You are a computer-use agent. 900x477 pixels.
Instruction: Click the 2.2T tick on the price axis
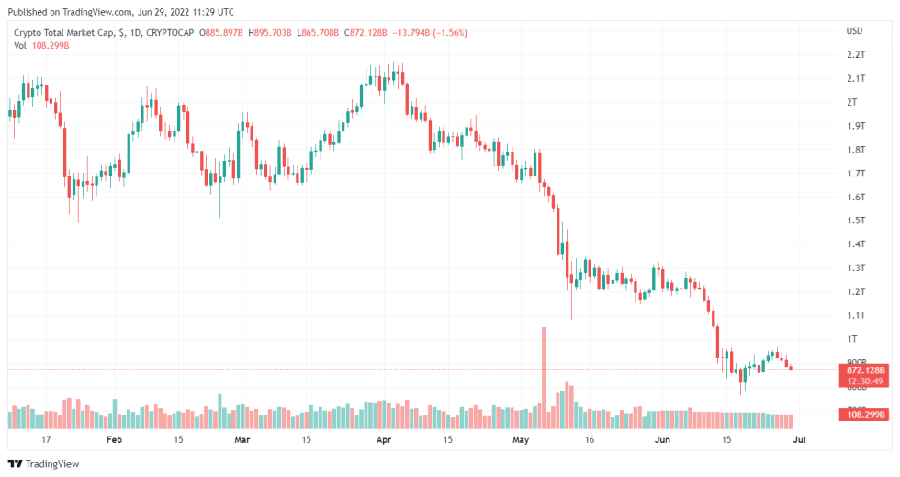[x=855, y=55]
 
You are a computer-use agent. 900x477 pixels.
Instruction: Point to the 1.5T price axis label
[x=855, y=221]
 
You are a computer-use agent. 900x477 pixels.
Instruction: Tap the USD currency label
[x=854, y=31]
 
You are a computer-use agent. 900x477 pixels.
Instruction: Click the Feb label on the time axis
[x=114, y=440]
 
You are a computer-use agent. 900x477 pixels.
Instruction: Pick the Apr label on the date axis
[x=386, y=440]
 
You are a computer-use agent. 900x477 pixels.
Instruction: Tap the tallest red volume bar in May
[x=544, y=377]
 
